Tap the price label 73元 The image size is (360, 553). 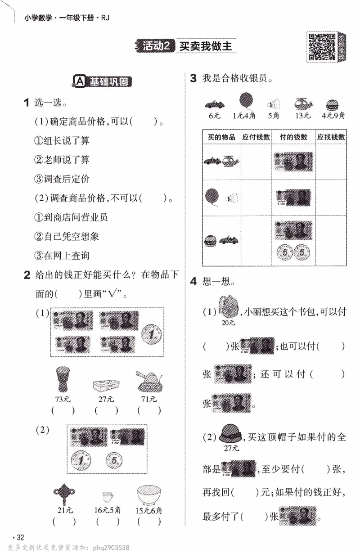(63, 399)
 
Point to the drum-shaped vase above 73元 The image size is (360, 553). (63, 379)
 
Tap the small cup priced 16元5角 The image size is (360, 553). (107, 497)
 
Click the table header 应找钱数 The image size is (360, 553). (331, 137)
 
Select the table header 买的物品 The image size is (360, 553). (221, 137)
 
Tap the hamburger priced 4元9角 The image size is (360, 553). (333, 104)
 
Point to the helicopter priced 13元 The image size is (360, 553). (303, 104)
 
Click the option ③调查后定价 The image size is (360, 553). (62, 179)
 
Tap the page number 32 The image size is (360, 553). (20, 537)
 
